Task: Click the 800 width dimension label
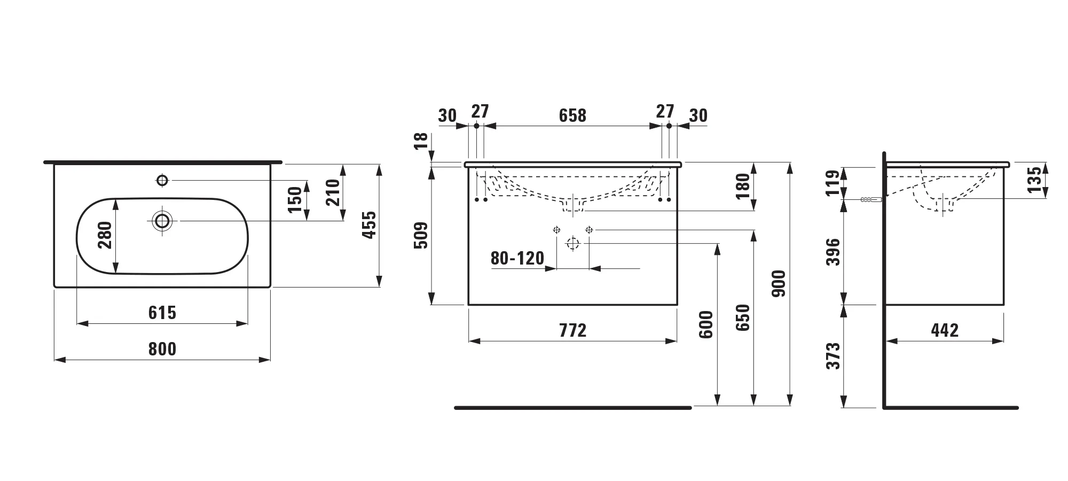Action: tap(162, 349)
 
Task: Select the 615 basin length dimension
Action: tap(162, 313)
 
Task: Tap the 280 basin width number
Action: tap(105, 235)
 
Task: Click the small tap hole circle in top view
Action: tap(162, 180)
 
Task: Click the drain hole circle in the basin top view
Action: tap(162, 221)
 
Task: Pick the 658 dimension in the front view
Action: tap(572, 115)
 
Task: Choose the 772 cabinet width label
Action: tap(573, 330)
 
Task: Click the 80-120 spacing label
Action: tap(517, 259)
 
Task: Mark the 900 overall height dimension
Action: tap(779, 284)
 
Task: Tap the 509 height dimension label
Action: tap(421, 236)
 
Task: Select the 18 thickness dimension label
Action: tap(421, 141)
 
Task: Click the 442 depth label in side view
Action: tap(945, 330)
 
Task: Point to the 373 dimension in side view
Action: tap(833, 356)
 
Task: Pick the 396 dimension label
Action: tap(833, 252)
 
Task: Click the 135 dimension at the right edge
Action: tap(1034, 180)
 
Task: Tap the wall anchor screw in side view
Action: tap(871, 200)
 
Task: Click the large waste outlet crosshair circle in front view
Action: tap(572, 244)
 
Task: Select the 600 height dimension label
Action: tap(706, 324)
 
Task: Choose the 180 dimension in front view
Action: tap(743, 187)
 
